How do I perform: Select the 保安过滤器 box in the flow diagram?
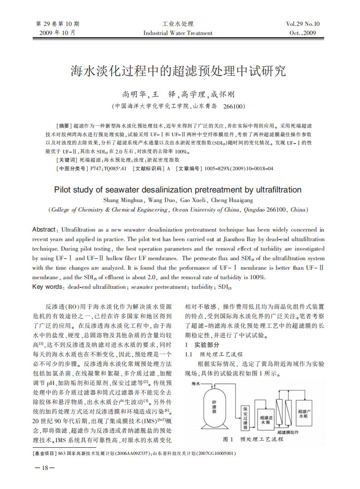245,417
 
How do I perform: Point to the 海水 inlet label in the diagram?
196,384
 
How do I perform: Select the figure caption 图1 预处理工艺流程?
255,440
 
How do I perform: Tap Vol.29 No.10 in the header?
303,24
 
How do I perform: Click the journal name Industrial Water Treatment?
178,33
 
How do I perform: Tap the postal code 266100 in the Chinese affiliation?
234,106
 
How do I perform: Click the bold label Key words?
47,287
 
